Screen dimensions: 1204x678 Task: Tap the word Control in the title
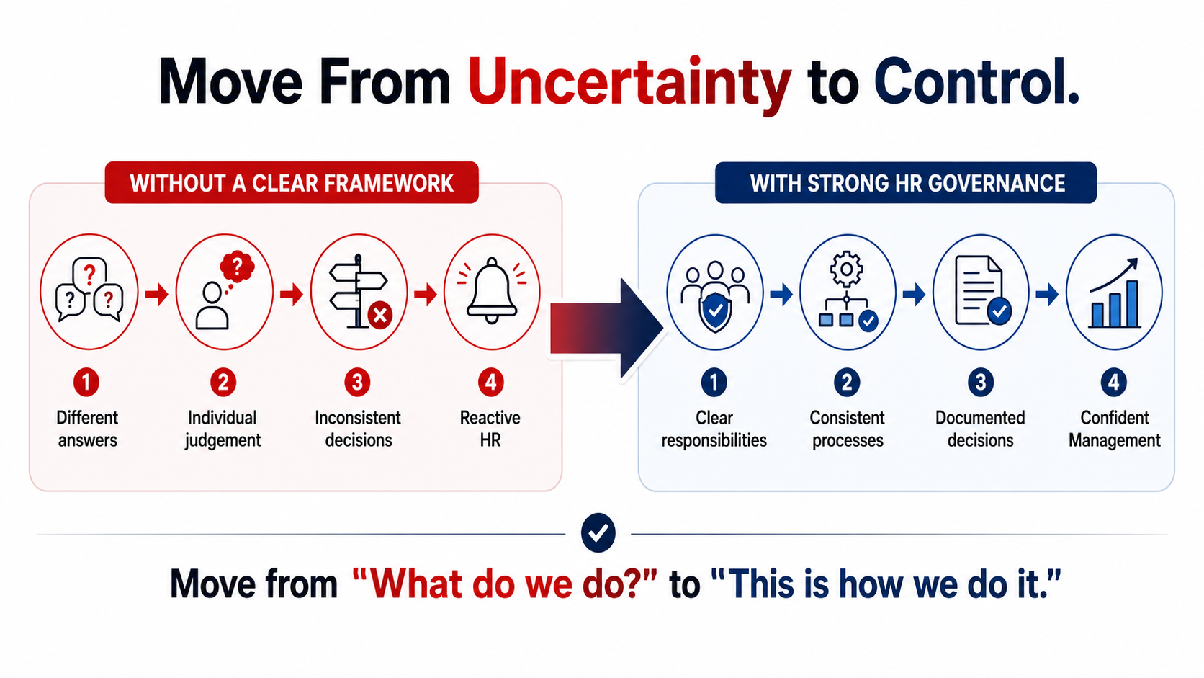click(x=976, y=82)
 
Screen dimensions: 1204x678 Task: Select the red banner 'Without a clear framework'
click(x=292, y=183)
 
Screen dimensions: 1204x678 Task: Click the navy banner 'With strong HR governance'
click(x=906, y=183)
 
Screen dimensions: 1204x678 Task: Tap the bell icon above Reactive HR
click(x=492, y=291)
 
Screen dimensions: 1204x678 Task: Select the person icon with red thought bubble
click(x=224, y=291)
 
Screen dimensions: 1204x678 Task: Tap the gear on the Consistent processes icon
click(x=847, y=268)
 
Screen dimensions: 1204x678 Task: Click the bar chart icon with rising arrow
click(x=1114, y=293)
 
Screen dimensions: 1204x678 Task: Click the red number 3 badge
click(x=357, y=383)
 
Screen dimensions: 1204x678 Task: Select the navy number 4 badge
click(x=1114, y=383)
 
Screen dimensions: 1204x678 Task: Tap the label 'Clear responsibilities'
click(x=714, y=429)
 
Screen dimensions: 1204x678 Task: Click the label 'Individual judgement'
click(x=223, y=429)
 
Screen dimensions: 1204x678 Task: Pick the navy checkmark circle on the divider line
click(x=598, y=533)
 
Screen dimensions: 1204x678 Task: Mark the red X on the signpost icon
click(x=380, y=315)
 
